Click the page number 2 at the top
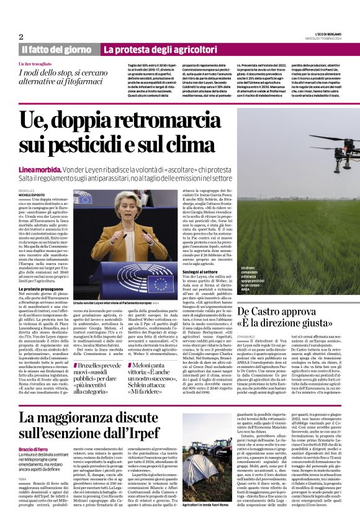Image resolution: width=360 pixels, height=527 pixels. point(21,37)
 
